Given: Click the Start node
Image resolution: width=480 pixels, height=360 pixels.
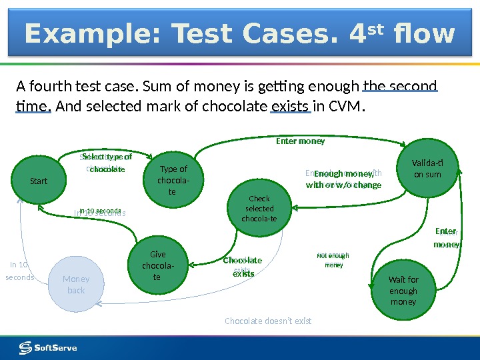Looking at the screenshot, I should (39, 181).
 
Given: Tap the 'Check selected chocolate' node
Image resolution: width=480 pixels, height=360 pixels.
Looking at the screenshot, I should (259, 208).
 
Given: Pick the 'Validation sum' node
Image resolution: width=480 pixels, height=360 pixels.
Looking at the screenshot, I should (427, 168).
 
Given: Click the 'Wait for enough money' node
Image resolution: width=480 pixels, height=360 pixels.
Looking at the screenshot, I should (403, 291).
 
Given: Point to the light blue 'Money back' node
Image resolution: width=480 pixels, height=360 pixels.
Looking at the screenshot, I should (76, 285).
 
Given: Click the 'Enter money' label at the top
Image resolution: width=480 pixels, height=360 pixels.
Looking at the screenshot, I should (301, 141).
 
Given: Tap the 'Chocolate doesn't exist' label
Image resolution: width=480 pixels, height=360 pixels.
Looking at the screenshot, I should (268, 321).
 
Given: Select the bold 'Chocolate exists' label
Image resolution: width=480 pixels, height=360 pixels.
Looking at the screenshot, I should (243, 267).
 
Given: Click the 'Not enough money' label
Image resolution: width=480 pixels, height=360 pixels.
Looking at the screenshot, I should (333, 260).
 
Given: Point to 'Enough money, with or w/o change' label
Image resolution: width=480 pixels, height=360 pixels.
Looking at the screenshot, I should (343, 179).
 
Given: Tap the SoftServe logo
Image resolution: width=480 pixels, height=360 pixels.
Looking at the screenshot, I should (48, 347).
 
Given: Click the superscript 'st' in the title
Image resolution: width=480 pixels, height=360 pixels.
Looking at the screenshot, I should (378, 27).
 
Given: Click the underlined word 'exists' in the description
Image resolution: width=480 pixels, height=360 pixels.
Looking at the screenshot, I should (291, 105).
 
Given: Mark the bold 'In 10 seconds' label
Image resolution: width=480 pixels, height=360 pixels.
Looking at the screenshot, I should (99, 211).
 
